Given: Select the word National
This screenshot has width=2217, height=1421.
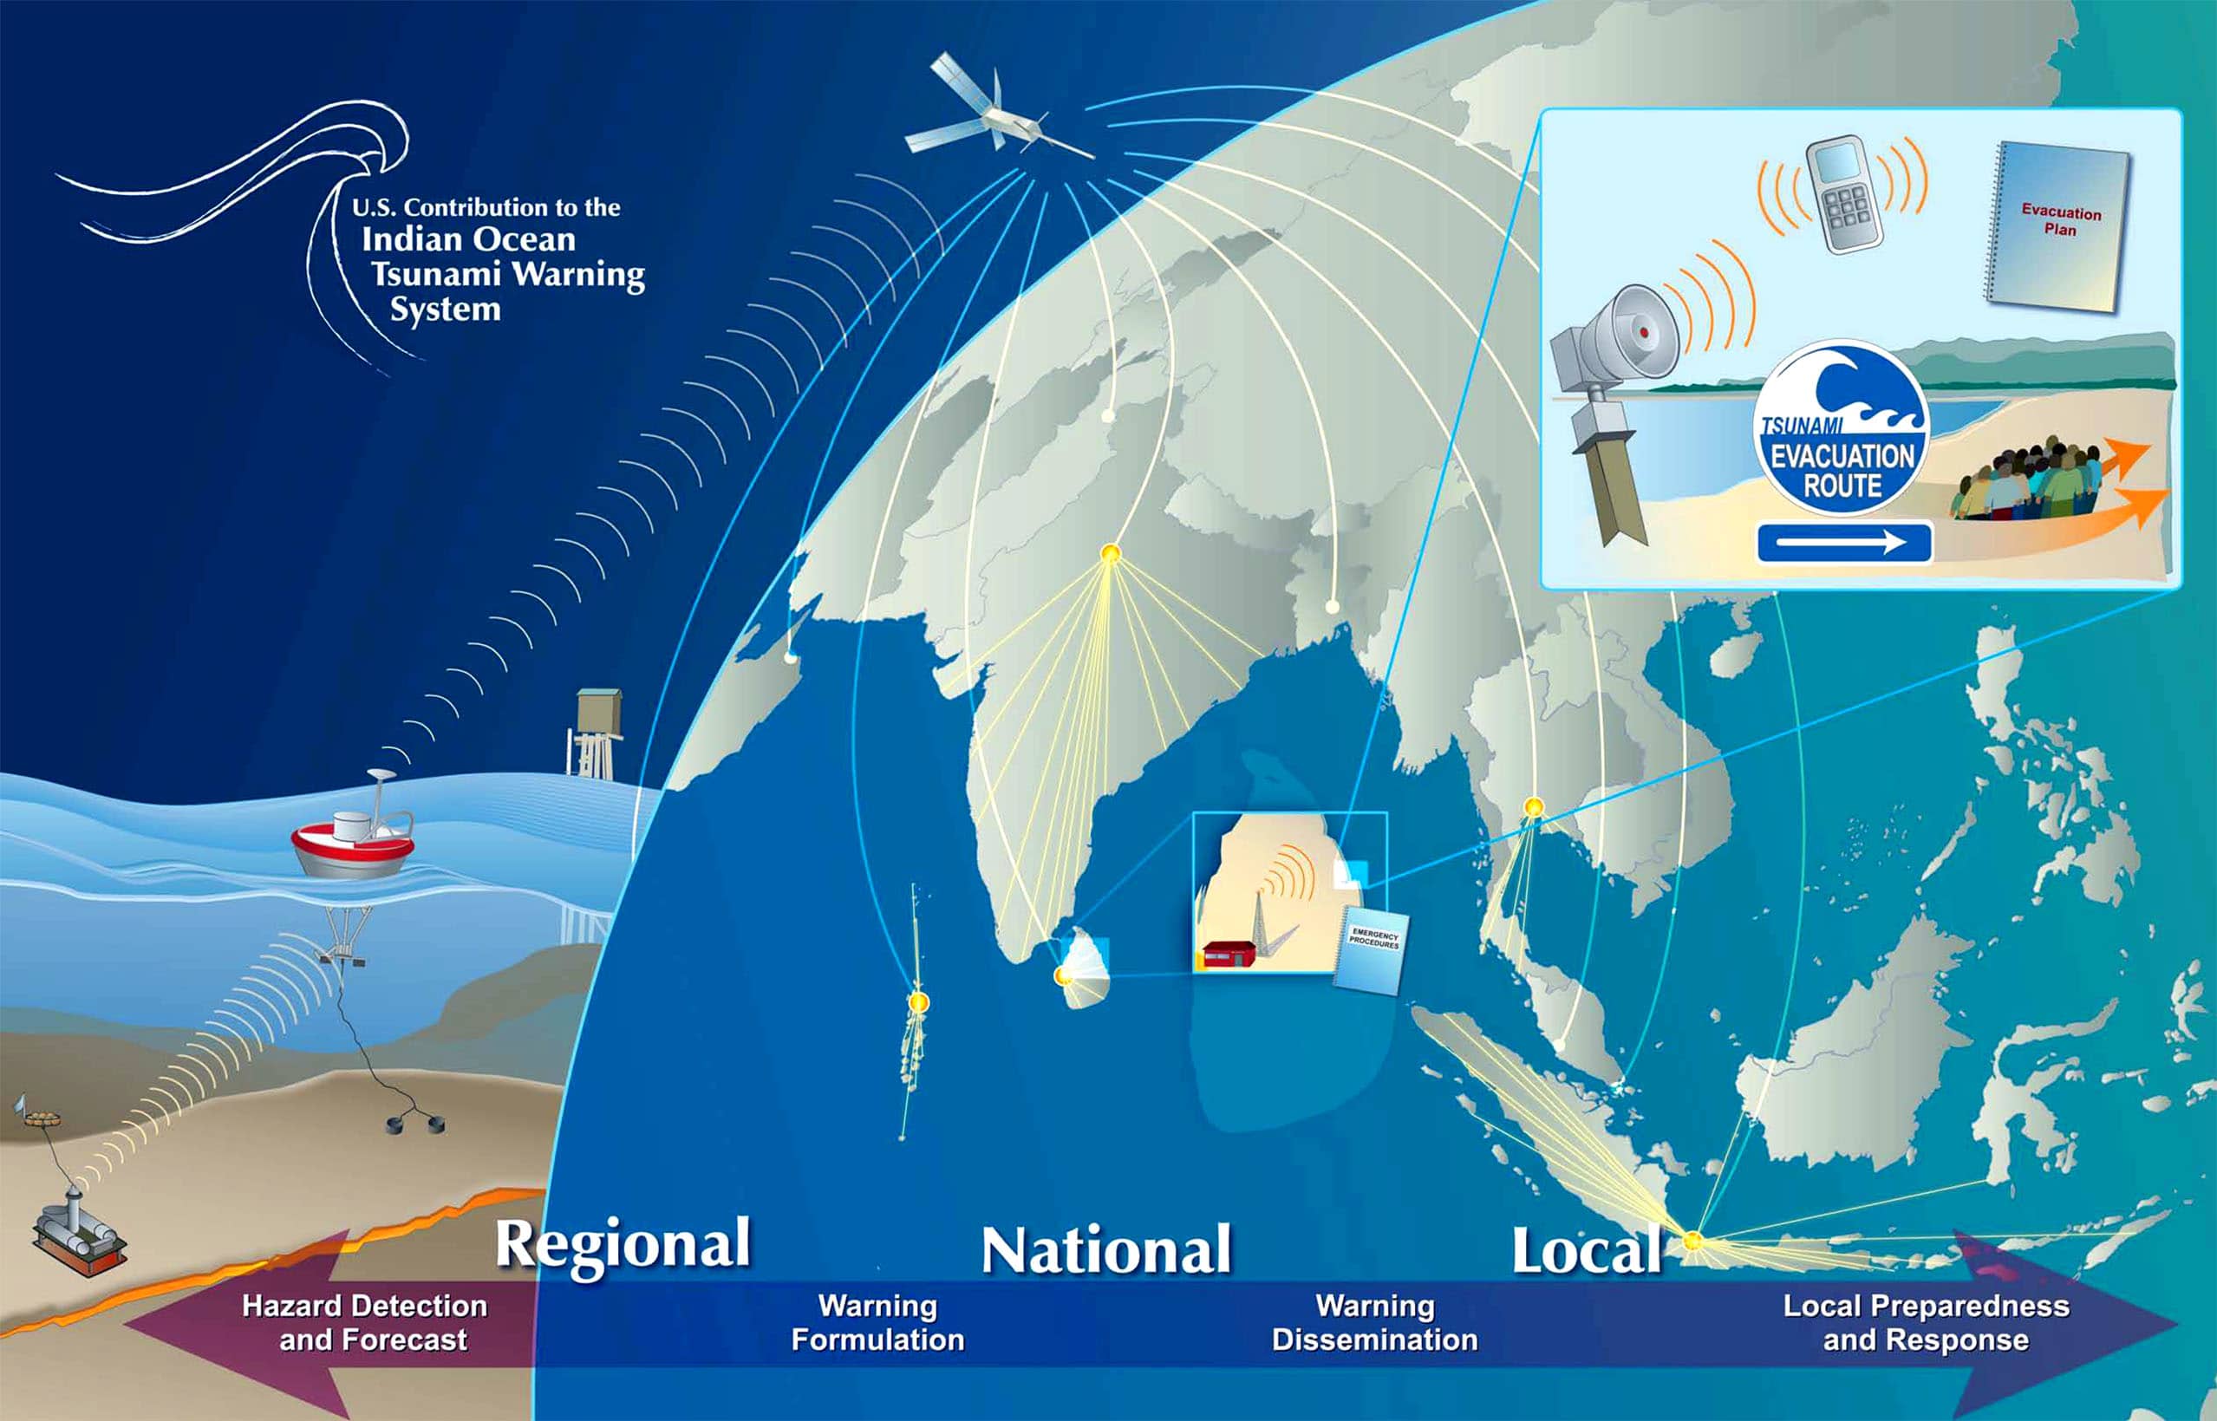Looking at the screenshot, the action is click(x=1105, y=1250).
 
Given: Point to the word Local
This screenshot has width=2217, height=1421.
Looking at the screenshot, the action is click(x=1586, y=1250).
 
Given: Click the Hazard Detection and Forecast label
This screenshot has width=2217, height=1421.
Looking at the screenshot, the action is click(x=365, y=1323).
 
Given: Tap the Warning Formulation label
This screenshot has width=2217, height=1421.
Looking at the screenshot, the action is click(x=877, y=1323).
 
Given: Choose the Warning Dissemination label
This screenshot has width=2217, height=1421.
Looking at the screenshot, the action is click(x=1374, y=1323).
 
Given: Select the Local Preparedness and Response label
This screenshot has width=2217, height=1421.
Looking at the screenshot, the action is click(x=1927, y=1323).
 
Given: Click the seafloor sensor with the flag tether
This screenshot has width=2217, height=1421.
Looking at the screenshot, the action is click(x=78, y=1233).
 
